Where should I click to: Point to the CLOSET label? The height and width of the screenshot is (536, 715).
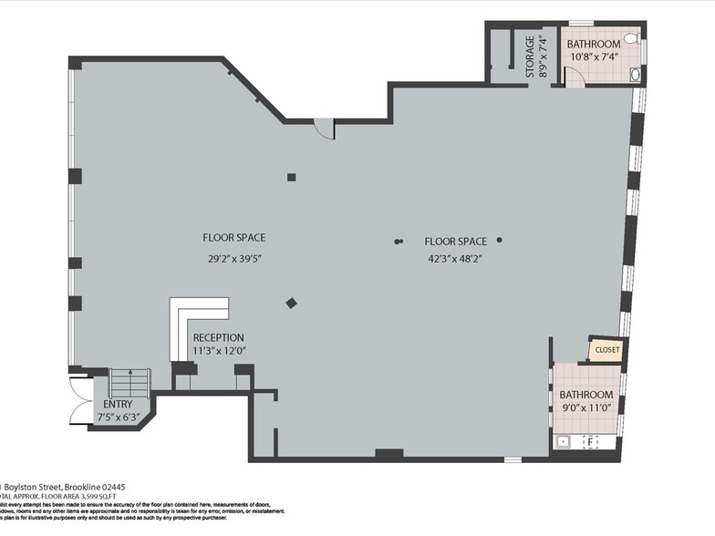coord(606,349)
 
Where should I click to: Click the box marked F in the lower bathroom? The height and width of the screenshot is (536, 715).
coord(590,442)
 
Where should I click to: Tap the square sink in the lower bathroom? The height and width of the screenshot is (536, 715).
coord(563,442)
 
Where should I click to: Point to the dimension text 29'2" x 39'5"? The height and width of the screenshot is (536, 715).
coord(234,258)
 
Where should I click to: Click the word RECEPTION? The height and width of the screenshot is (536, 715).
coord(219,337)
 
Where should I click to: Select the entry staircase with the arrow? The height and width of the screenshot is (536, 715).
coord(129,383)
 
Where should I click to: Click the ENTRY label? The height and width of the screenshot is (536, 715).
coord(118,404)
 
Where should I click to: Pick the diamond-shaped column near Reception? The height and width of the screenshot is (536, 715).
coord(291,304)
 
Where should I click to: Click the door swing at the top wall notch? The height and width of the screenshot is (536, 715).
coord(325,129)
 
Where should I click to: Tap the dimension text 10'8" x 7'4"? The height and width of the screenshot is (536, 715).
coord(594,57)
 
